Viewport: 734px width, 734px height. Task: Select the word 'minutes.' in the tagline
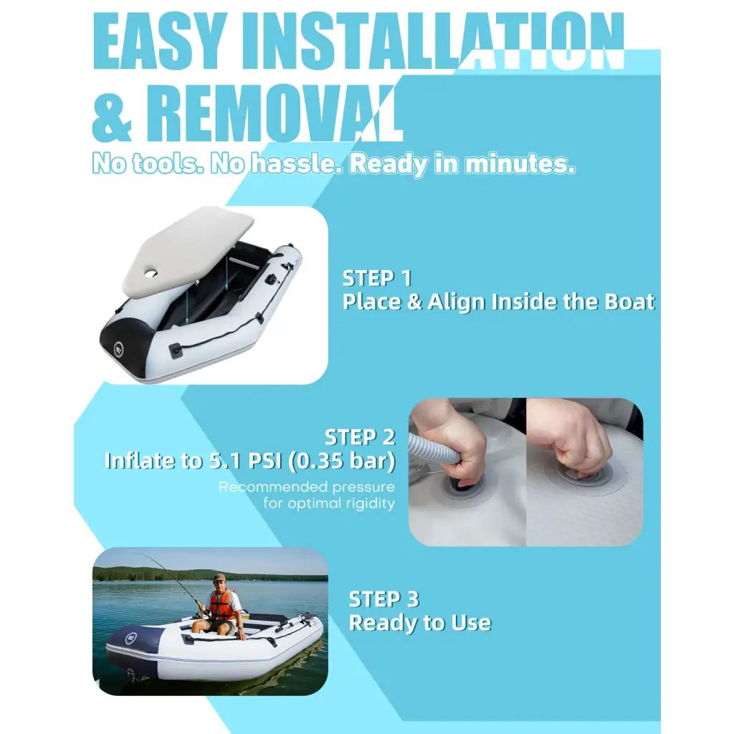(x=520, y=164)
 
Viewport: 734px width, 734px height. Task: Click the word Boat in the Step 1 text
(x=631, y=302)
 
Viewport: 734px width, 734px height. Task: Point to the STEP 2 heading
(x=359, y=437)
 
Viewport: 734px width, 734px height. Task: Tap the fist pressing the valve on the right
(x=573, y=437)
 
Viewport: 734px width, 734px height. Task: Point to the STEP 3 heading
(x=383, y=599)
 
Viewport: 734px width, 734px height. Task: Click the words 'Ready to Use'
(x=419, y=622)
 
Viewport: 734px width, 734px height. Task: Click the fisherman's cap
(x=219, y=577)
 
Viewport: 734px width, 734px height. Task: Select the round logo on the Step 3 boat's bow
(x=132, y=637)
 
